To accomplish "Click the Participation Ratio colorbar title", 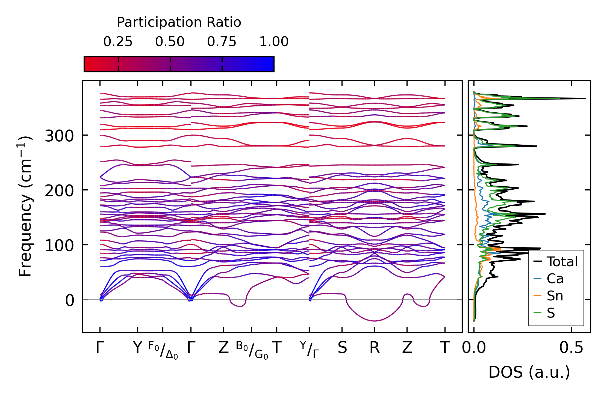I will [x=179, y=22].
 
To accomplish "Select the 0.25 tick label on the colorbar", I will [x=118, y=42].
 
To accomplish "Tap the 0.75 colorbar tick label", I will [x=222, y=42].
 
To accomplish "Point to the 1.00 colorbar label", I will [x=274, y=42].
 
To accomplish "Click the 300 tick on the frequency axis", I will [x=59, y=136].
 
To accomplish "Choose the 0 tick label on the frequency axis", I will [x=70, y=300].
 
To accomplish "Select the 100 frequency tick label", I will [x=59, y=246].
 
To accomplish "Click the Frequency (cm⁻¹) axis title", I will [x=25, y=206].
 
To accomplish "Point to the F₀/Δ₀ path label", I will [x=163, y=350].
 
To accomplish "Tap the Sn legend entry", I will [x=555, y=296].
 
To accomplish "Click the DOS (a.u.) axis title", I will [x=529, y=372].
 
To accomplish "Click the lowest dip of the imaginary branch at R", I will [x=375, y=321].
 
